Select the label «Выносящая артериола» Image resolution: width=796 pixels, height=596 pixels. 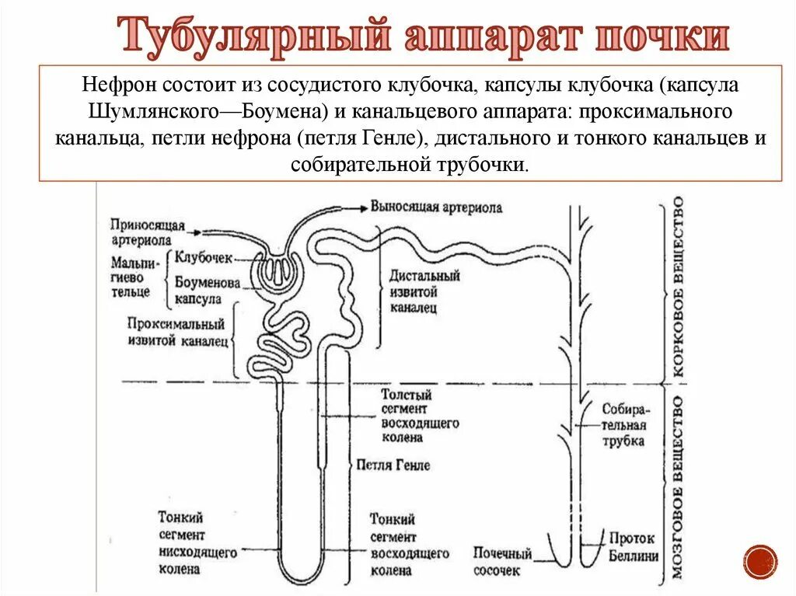tap(436, 207)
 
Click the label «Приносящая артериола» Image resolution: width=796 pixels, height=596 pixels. tap(147, 232)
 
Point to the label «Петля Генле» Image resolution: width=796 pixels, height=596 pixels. tap(393, 465)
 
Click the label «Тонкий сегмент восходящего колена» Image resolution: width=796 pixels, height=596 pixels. tap(408, 544)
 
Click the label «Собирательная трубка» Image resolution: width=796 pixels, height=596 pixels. tap(623, 424)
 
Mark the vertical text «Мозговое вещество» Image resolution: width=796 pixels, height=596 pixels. tap(678, 488)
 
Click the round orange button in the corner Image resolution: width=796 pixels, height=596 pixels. tap(759, 561)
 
